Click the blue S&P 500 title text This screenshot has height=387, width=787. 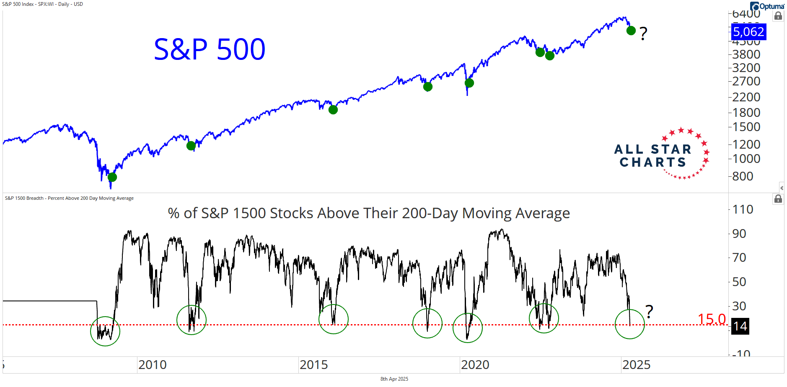coord(210,49)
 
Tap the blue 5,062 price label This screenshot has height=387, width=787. coord(748,32)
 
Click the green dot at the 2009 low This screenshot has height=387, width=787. coord(112,177)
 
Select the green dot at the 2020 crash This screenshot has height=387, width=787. coord(469,83)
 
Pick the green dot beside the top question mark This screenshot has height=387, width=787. coord(631,31)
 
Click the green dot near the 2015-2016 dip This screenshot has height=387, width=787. coord(333,110)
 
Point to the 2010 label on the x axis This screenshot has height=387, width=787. coord(153,365)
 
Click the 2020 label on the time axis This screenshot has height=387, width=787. coord(475,365)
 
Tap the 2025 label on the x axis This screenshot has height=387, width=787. coord(637,365)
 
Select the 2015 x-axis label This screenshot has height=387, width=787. coord(314,365)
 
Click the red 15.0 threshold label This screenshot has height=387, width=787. coord(712,320)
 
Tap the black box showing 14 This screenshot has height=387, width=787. coord(740,326)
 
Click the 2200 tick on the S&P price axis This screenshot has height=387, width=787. coord(746,97)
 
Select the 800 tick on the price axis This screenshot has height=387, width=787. coord(743,176)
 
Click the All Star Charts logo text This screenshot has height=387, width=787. coord(653,156)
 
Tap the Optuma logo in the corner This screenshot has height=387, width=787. coord(767,6)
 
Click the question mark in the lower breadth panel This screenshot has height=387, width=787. coord(649,312)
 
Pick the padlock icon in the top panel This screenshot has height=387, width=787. coord(778,16)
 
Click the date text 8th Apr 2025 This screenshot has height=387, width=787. coord(394,379)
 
